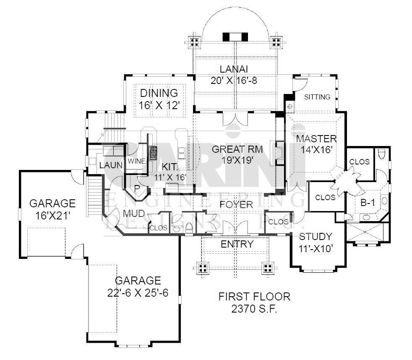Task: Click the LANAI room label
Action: tap(234, 69)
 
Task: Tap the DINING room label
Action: tap(159, 93)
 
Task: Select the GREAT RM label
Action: tap(237, 149)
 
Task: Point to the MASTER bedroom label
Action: tap(316, 139)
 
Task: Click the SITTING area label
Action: tap(317, 97)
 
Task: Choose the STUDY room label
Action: tap(316, 237)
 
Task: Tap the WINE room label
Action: tap(136, 161)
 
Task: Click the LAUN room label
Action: tap(111, 165)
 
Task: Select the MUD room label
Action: tap(134, 214)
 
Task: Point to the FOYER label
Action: tap(236, 204)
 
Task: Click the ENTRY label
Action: tap(237, 244)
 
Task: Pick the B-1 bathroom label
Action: tap(368, 203)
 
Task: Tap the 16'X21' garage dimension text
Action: tap(52, 216)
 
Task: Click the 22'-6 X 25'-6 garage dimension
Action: tap(138, 293)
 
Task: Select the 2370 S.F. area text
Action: tap(254, 309)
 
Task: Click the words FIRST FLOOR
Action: tap(254, 297)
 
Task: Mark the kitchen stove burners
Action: tap(153, 153)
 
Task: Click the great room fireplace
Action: tap(279, 153)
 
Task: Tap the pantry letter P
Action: tap(137, 188)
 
